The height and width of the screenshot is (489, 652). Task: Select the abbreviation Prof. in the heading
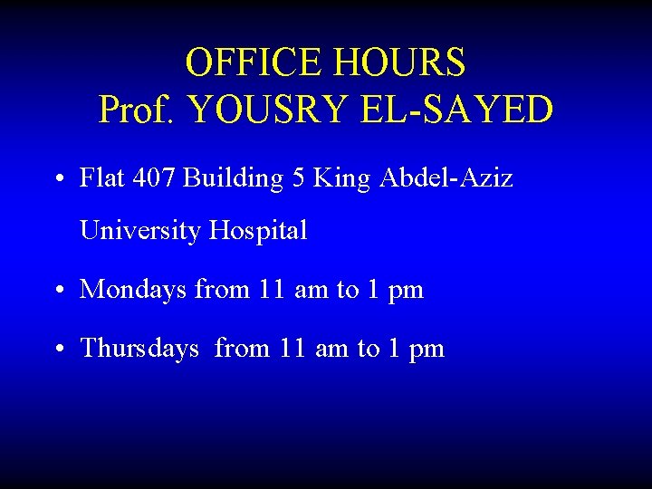coord(139,110)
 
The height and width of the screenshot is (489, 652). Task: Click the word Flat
coord(99,178)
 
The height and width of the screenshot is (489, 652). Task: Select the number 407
coord(151,178)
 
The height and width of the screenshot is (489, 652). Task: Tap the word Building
coord(234,179)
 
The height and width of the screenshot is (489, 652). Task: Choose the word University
coord(140,231)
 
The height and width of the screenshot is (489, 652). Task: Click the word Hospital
coord(258,231)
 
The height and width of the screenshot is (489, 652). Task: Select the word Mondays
coord(133,291)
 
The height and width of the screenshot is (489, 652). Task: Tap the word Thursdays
coord(139,349)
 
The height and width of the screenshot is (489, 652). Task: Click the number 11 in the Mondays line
coord(271,291)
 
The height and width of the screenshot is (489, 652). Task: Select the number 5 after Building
coord(299,178)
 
